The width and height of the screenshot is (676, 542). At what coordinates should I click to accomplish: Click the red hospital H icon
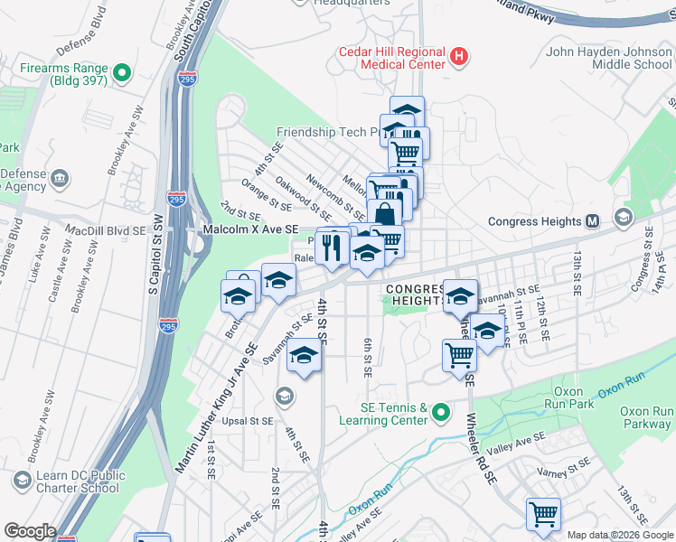coord(460,57)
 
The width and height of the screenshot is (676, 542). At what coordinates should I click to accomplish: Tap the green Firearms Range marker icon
coord(123,71)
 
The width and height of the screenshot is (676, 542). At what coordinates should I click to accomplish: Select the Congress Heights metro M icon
coord(593,221)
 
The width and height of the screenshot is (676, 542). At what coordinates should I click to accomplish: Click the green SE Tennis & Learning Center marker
coord(440,413)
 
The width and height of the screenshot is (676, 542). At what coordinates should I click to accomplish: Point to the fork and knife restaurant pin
coord(333,246)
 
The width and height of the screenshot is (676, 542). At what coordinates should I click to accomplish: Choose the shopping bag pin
coord(384,216)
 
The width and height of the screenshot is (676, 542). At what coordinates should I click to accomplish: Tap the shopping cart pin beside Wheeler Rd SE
coord(460,356)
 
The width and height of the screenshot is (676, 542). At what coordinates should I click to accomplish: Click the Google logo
coord(30,531)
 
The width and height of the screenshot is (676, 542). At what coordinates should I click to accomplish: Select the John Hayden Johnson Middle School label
coord(608,58)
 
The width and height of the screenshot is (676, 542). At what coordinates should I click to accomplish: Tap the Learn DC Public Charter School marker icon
coord(19,479)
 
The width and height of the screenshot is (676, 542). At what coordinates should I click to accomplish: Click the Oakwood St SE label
coord(303,197)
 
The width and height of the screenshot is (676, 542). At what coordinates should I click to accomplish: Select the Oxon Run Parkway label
coord(646,417)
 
